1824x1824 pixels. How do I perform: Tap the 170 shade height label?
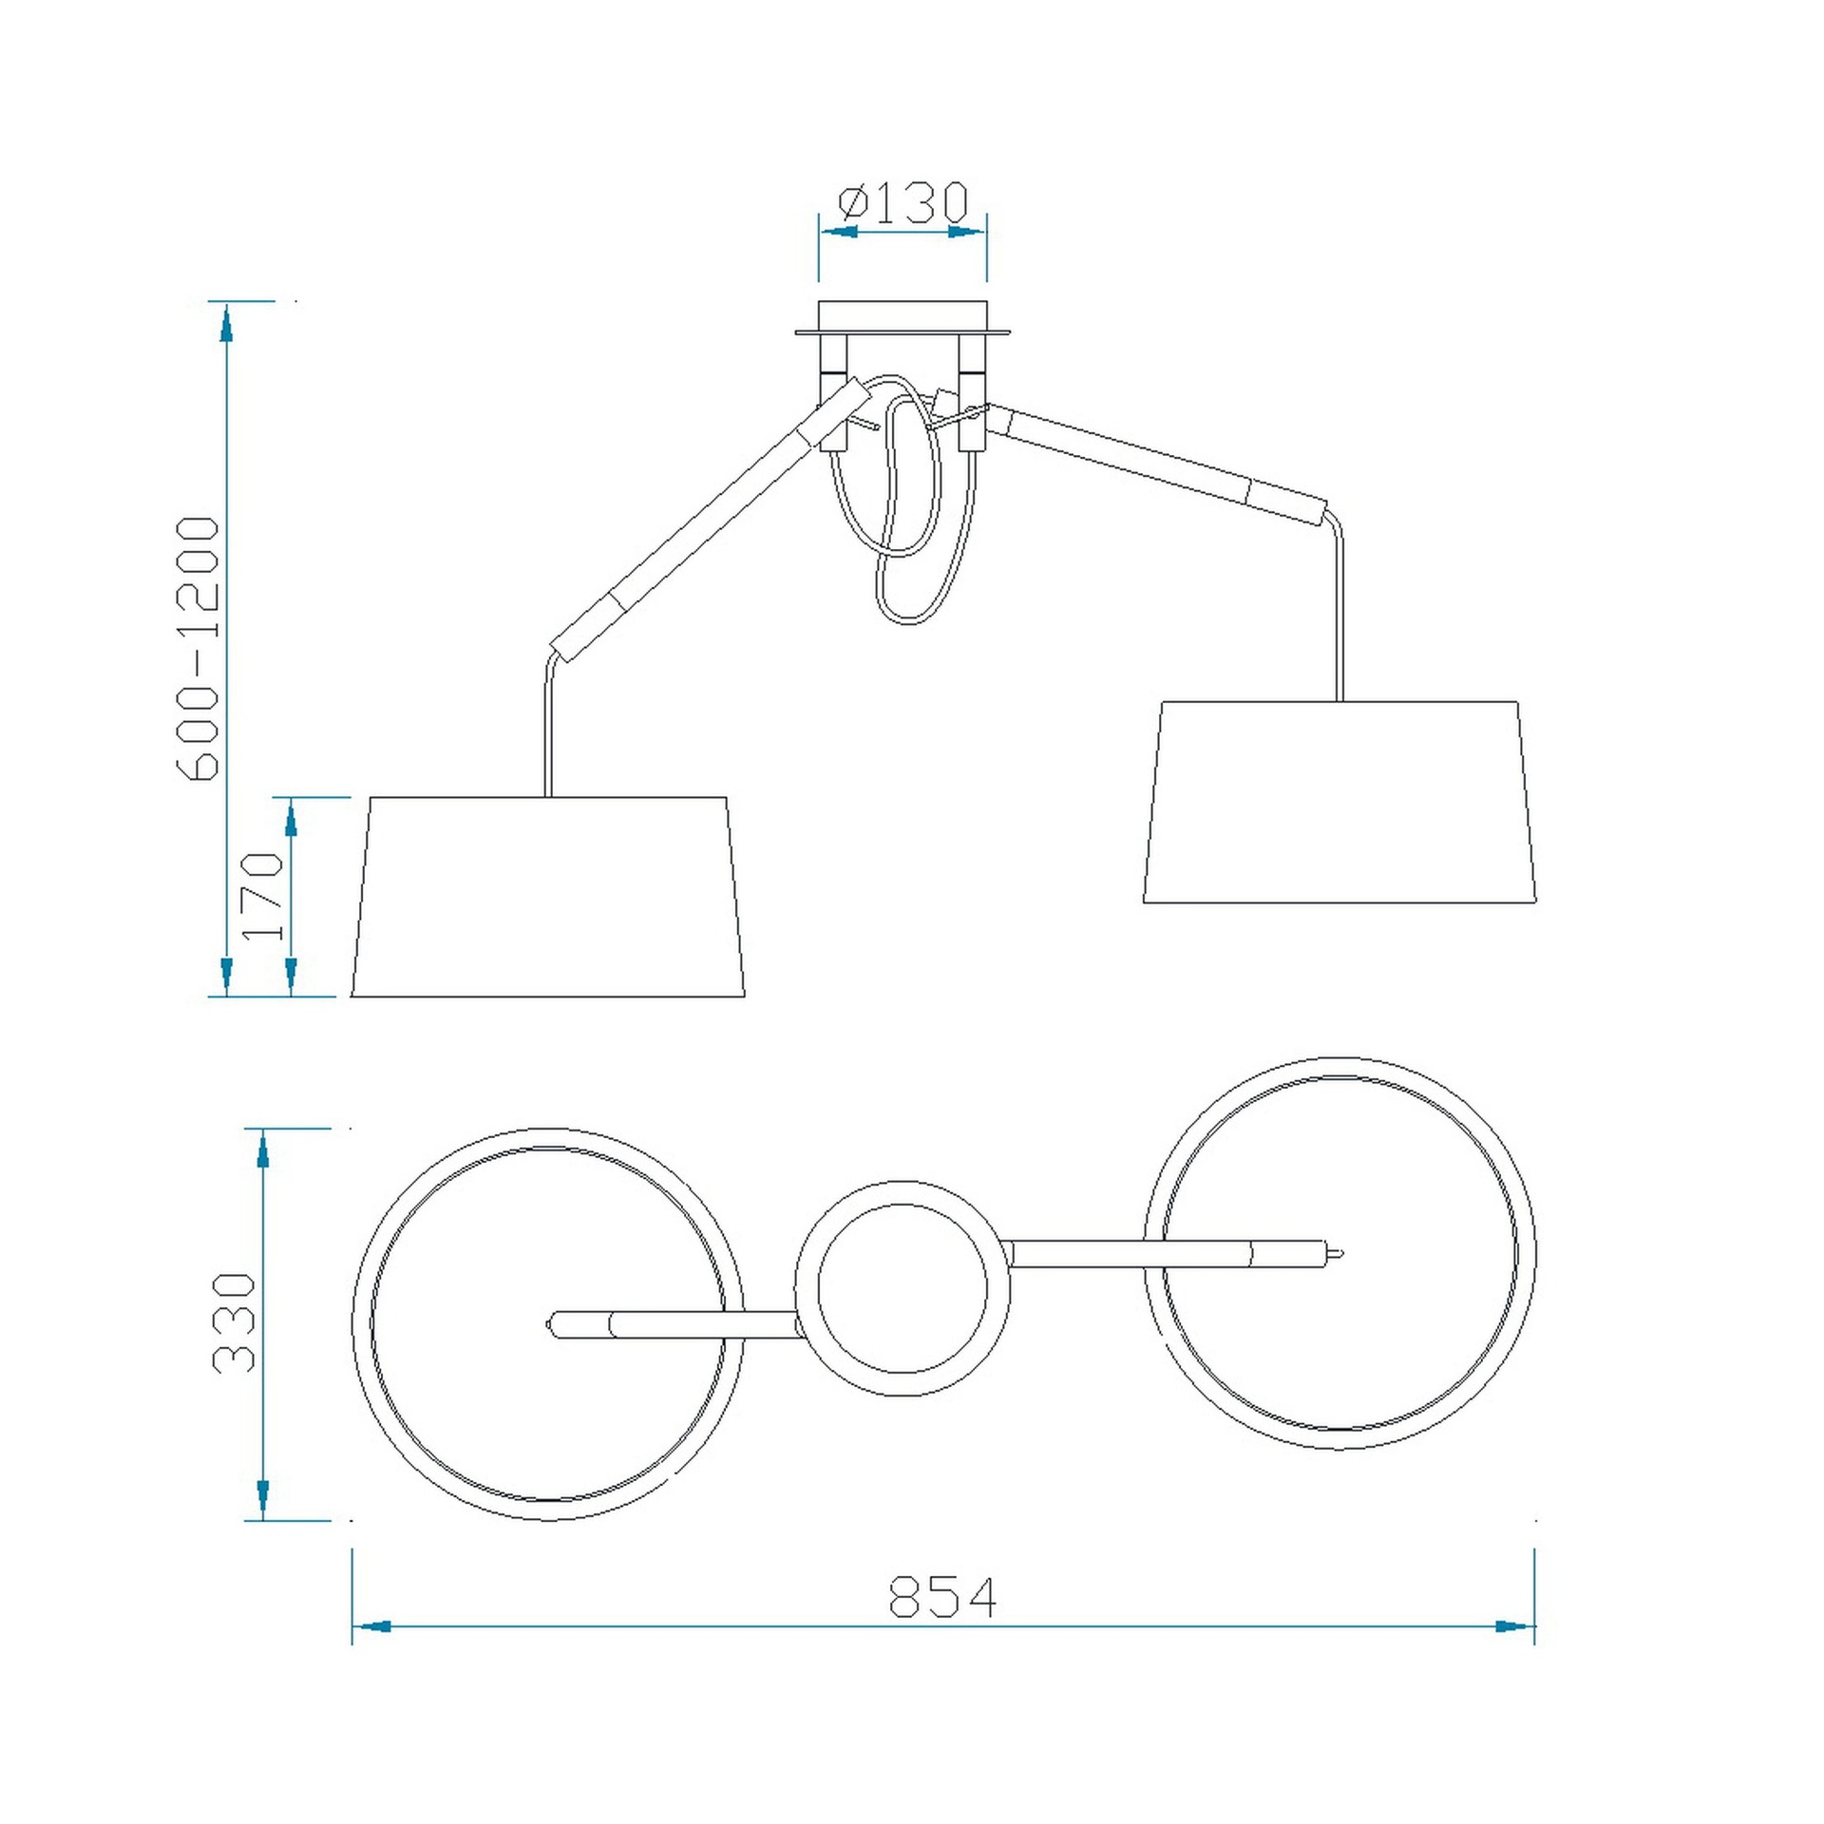click(x=263, y=896)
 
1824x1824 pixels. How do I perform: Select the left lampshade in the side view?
click(x=547, y=897)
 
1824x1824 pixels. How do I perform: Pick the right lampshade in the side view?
click(x=1339, y=802)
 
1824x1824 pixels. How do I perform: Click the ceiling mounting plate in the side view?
click(x=902, y=319)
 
